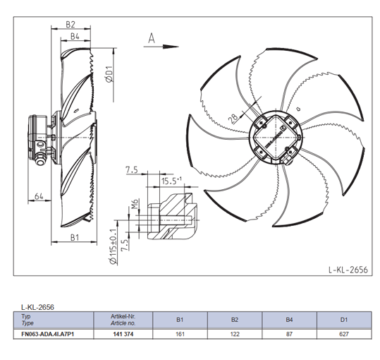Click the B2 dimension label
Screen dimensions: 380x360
coord(71,25)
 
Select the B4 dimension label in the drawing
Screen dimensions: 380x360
coord(75,37)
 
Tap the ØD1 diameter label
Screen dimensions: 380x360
coord(109,74)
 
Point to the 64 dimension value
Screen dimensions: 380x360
coord(39,196)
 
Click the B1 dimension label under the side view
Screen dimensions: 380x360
coord(75,237)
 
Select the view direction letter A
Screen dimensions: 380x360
coord(152,38)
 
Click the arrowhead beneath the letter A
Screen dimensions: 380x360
coord(171,47)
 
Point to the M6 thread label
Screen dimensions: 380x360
coord(135,204)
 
